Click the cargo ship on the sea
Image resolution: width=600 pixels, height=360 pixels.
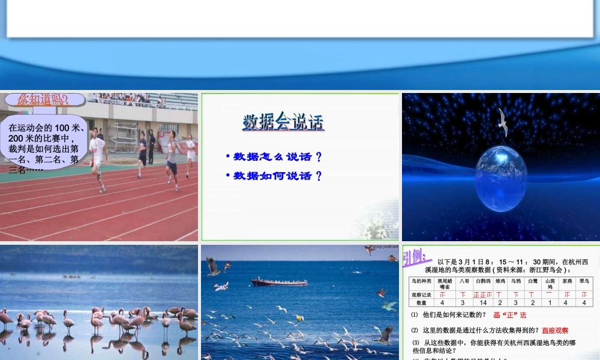270,281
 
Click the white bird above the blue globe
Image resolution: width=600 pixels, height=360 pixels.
503,122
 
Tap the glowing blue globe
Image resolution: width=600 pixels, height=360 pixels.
501,178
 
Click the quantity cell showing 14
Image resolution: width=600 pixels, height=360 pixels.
483,303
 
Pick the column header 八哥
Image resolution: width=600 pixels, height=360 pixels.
464,281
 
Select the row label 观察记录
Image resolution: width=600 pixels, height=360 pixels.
421,295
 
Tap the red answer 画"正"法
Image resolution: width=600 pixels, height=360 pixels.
509,315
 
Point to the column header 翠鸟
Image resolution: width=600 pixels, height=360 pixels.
584,281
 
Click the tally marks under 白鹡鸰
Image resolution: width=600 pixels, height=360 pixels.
483,295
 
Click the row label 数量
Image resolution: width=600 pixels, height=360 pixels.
421,303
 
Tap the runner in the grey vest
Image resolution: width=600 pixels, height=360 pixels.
172,160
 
